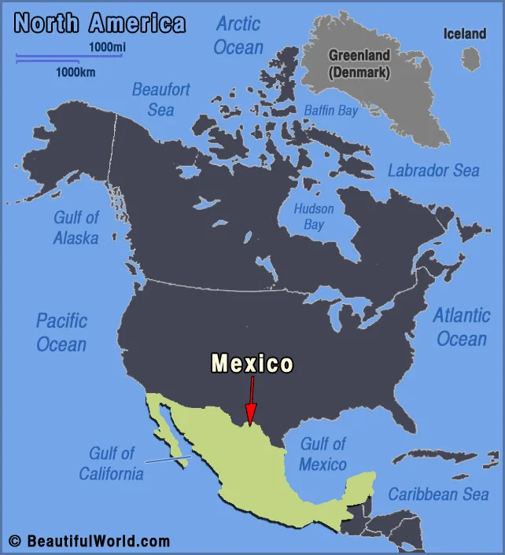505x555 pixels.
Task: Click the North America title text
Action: tap(100, 23)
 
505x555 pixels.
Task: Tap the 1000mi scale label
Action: tap(106, 48)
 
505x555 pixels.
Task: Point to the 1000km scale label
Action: tap(75, 72)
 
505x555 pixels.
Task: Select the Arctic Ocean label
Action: tap(238, 35)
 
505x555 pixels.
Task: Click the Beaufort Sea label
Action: tap(160, 99)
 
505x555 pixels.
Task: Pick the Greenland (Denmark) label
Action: tap(359, 64)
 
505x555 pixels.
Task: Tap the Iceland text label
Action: tap(465, 34)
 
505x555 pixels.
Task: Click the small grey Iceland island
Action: tap(471, 58)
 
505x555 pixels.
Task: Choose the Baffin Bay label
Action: tap(331, 111)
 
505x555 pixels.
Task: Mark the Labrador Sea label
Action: tap(433, 171)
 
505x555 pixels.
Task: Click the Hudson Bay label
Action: tap(314, 217)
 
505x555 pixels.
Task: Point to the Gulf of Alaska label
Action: tap(76, 227)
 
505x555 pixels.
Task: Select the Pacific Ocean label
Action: tap(61, 332)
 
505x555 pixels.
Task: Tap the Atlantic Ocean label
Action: tap(462, 327)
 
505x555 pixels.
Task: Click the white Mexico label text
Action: tap(252, 363)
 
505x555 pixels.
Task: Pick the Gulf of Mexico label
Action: tap(323, 454)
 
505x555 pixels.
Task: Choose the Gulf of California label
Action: tap(111, 463)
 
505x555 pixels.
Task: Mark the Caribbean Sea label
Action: tap(438, 494)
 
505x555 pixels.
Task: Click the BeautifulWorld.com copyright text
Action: tap(89, 541)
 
